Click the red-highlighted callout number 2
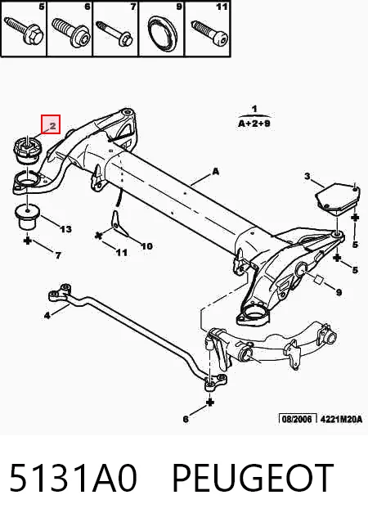pyautogui.click(x=52, y=126)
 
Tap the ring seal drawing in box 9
pyautogui.click(x=163, y=34)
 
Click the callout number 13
pyautogui.click(x=65, y=229)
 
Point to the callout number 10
pyautogui.click(x=146, y=246)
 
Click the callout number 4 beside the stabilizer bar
pyautogui.click(x=47, y=315)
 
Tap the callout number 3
pyautogui.click(x=307, y=175)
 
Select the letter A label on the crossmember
pyautogui.click(x=216, y=172)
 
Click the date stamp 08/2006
pyautogui.click(x=297, y=418)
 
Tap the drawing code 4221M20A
pyautogui.click(x=341, y=419)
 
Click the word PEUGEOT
pyautogui.click(x=252, y=477)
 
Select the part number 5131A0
pyautogui.click(x=74, y=477)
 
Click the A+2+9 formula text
pyautogui.click(x=254, y=124)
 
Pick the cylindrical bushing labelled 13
pyautogui.click(x=28, y=217)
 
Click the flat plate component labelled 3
pyautogui.click(x=337, y=198)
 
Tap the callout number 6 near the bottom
pyautogui.click(x=186, y=419)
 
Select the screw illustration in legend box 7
pyautogui.click(x=114, y=33)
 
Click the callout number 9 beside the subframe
pyautogui.click(x=339, y=292)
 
